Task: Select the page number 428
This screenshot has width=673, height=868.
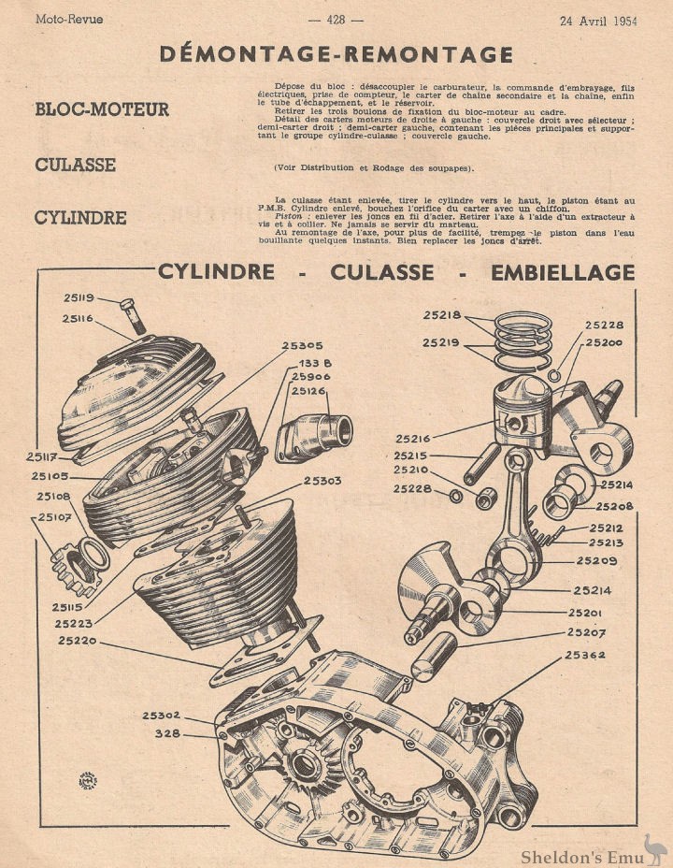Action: coord(336,19)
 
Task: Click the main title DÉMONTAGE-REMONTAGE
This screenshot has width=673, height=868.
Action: coord(336,53)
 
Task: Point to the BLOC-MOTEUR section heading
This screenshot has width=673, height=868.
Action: coord(102,109)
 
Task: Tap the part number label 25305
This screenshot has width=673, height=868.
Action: coord(303,345)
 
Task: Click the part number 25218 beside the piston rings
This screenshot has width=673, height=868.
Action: coord(441,315)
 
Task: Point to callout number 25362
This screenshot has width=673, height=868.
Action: coord(586,655)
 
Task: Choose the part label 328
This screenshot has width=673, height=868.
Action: coord(167,732)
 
